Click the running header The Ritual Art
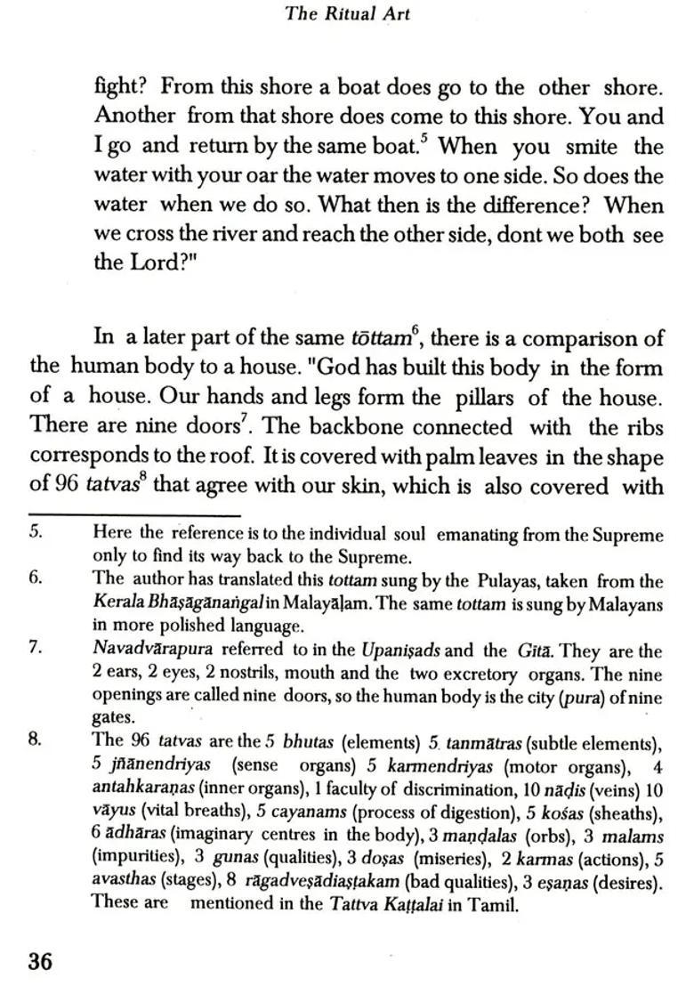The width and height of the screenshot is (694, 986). pos(346,13)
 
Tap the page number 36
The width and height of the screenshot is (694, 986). pos(41,962)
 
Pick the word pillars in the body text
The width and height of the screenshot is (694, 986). pos(518,397)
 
